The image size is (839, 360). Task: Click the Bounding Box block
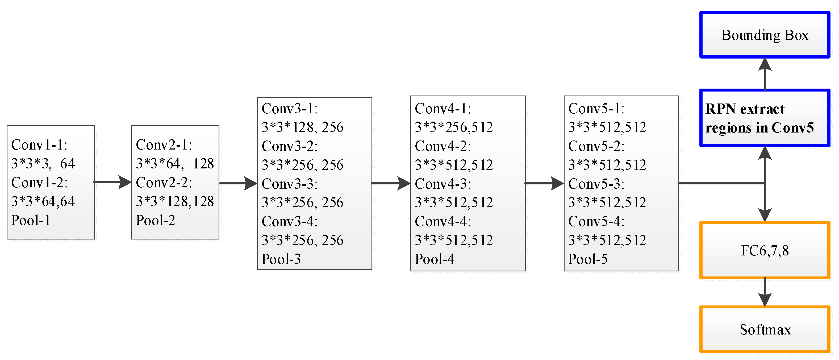pos(765,35)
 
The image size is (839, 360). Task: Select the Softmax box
pos(765,329)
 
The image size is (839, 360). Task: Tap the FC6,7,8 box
pos(765,250)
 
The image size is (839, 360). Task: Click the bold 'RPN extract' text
pos(745,109)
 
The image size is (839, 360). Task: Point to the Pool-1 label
pos(31,220)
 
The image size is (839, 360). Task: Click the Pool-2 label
pos(155,220)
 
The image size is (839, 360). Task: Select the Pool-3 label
pos(281,259)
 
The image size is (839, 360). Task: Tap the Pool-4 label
pos(434,259)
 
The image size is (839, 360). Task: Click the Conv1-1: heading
pos(39,145)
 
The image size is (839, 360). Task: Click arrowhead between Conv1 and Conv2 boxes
pos(125,182)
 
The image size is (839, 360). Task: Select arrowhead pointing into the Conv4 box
pos(404,183)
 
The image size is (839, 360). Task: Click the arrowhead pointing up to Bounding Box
pos(765,64)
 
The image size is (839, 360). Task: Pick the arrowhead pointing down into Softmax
pos(765,299)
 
